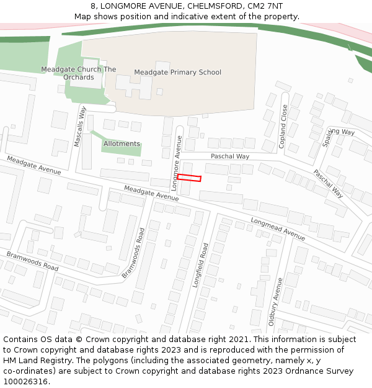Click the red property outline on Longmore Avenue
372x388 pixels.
(x=189, y=178)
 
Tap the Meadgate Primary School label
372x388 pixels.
(x=177, y=73)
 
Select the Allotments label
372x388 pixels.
(x=122, y=143)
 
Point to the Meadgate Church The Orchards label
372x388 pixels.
(x=78, y=73)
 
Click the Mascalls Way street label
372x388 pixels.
(x=79, y=126)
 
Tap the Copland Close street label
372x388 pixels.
(x=283, y=126)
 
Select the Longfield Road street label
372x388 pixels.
(x=203, y=264)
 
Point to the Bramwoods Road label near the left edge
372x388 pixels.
(x=32, y=261)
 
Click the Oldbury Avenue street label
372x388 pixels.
(x=274, y=301)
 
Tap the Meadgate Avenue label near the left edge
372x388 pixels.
(x=34, y=165)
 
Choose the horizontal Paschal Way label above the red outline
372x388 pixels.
(x=229, y=156)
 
